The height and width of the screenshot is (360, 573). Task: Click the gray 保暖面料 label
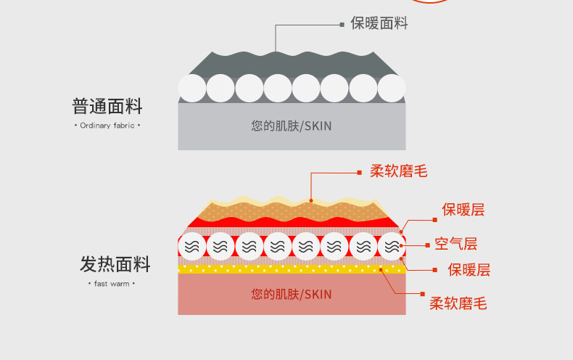pyautogui.click(x=379, y=23)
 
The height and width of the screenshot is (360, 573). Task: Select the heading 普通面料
pyautogui.click(x=107, y=107)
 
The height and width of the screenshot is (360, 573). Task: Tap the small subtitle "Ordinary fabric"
pyautogui.click(x=107, y=126)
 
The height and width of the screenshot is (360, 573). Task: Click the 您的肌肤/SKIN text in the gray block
pyautogui.click(x=292, y=126)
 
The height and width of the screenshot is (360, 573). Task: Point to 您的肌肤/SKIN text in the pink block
pyautogui.click(x=292, y=294)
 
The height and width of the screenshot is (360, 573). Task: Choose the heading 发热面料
pyautogui.click(x=115, y=264)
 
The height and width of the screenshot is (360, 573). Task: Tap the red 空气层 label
pyautogui.click(x=456, y=244)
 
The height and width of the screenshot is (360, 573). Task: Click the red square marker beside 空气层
pyautogui.click(x=425, y=245)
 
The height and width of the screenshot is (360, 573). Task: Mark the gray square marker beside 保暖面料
pyautogui.click(x=342, y=24)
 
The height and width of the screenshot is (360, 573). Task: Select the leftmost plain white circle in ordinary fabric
pyautogui.click(x=192, y=89)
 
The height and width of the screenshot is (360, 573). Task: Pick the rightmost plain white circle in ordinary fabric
pyautogui.click(x=391, y=89)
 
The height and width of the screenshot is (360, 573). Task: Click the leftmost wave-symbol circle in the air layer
pyautogui.click(x=192, y=246)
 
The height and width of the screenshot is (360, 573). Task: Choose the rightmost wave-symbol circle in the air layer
pyautogui.click(x=391, y=246)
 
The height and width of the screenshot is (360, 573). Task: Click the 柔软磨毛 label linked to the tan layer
pyautogui.click(x=398, y=172)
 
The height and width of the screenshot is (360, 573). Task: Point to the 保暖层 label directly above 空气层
pyautogui.click(x=463, y=210)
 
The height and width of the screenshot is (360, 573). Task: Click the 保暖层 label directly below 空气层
pyautogui.click(x=469, y=271)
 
